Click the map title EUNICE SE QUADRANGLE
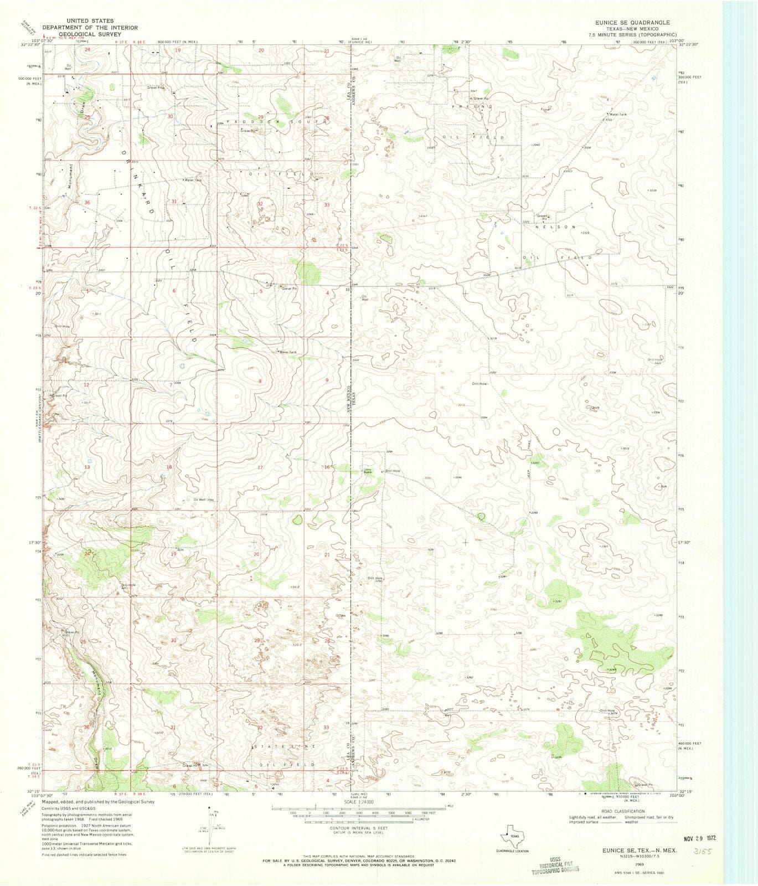coord(628,23)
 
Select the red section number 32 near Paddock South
coord(260,204)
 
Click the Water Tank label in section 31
coord(193,180)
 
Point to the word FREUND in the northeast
coord(471,106)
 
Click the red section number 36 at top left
coord(87,203)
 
